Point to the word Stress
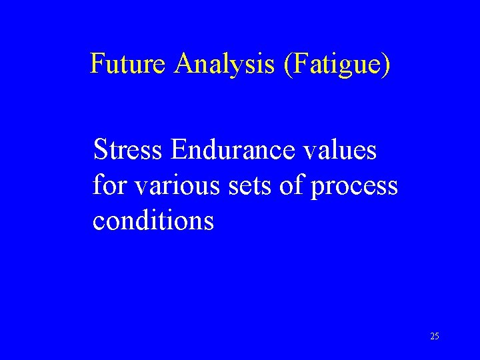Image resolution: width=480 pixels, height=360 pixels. (x=128, y=150)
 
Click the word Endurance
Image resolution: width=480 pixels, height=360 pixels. (x=234, y=150)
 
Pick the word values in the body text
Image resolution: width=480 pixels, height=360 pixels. (x=341, y=150)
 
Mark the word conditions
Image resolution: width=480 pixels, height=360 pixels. (x=153, y=220)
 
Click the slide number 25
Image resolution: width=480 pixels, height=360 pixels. (x=434, y=336)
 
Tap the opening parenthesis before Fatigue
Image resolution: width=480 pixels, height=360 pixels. (x=287, y=65)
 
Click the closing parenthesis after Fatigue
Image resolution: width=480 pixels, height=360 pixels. (x=387, y=65)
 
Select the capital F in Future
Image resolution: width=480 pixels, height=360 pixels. (x=97, y=64)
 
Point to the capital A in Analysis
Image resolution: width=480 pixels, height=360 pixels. (x=183, y=64)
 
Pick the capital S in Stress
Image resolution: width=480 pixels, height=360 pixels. (x=101, y=150)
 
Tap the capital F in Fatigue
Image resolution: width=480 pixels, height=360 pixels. (x=297, y=64)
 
